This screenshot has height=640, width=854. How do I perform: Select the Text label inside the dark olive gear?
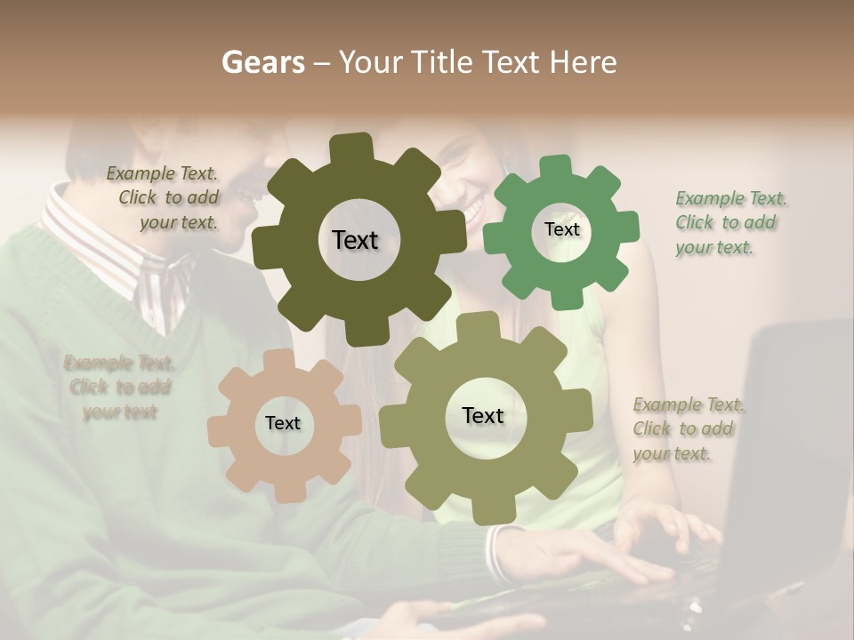[x=355, y=240]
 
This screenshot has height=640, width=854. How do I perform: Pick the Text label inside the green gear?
[x=561, y=229]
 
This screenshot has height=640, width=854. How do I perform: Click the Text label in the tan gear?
[x=283, y=423]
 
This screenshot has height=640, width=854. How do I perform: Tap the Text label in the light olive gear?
[x=483, y=415]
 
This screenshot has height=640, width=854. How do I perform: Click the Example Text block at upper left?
[x=163, y=198]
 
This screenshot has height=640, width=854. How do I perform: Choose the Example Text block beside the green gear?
[x=730, y=222]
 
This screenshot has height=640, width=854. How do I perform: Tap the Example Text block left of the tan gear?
[x=119, y=388]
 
